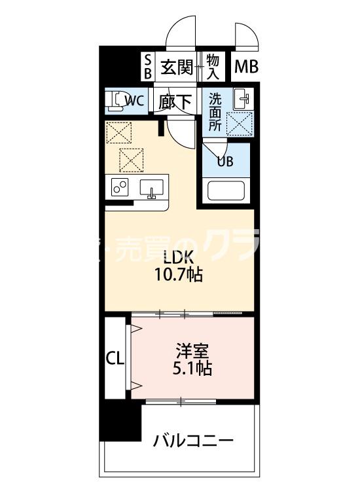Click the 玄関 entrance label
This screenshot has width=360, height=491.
click(x=177, y=66)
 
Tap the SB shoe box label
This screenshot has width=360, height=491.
click(x=147, y=66)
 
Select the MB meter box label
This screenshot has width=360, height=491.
click(x=247, y=66)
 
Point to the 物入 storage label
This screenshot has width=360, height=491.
click(x=213, y=66)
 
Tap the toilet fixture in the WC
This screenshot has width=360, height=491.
click(x=116, y=100)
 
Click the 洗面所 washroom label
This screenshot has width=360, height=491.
click(x=216, y=111)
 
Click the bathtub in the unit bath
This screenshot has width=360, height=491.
click(x=226, y=192)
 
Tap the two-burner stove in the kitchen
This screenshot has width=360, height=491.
click(x=121, y=188)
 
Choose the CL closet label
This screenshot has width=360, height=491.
click(x=115, y=358)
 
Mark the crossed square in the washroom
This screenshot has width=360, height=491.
click(x=240, y=122)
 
